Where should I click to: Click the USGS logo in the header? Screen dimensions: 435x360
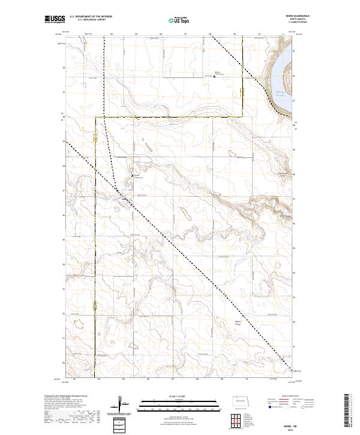click(54, 20)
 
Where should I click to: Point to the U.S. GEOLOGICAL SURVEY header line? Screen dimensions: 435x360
click(90, 20)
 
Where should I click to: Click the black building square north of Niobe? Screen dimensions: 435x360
click(133, 175)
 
